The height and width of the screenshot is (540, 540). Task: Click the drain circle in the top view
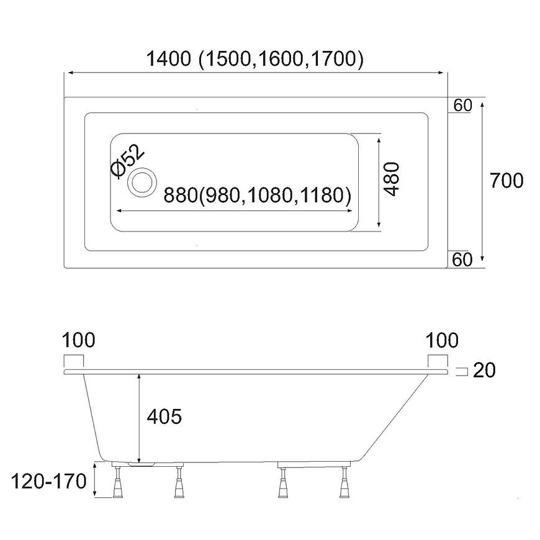142,182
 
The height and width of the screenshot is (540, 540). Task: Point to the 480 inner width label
393,179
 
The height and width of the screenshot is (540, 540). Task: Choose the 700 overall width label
506,181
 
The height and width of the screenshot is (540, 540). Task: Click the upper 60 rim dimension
462,106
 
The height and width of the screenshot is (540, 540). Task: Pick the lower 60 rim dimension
462,259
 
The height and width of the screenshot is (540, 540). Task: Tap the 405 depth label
164,416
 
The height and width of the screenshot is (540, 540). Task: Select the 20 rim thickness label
484,371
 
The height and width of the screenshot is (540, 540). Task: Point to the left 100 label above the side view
79,340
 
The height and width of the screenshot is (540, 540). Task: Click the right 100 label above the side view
443,340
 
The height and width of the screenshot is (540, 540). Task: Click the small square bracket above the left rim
74,361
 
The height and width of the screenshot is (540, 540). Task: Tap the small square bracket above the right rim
436,361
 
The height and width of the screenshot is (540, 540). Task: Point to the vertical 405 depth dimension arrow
139,416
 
